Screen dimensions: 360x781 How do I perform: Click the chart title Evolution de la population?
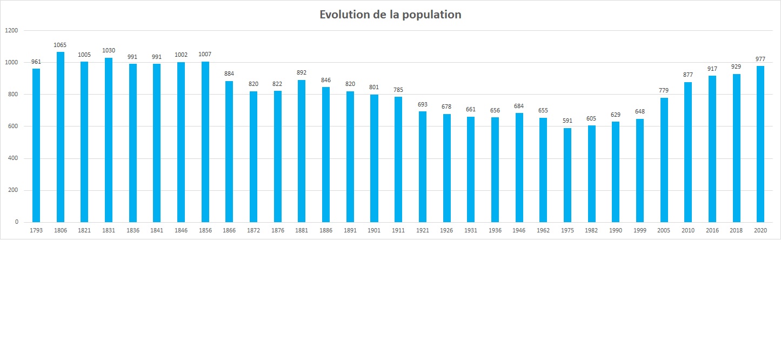coord(390,15)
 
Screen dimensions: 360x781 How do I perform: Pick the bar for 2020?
coord(760,144)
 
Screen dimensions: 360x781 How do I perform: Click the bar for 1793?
coord(36,145)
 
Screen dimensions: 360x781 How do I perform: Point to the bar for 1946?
coord(519,168)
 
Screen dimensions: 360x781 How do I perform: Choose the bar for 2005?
coord(664,160)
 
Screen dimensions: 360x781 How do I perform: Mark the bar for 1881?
coord(302,151)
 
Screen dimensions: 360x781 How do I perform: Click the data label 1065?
coord(60,45)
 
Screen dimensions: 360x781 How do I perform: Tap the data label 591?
coord(568,121)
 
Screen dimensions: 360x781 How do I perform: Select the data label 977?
coord(760,59)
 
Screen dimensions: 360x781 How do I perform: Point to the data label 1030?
coord(109,50)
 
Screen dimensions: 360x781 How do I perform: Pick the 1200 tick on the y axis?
coord(11,31)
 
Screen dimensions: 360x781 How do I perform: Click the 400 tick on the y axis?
coord(13,158)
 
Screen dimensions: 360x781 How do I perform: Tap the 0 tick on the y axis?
coord(17,222)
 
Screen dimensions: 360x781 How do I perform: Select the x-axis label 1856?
coord(205,231)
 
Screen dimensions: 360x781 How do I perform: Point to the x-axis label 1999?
coord(640,231)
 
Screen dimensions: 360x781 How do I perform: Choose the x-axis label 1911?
coord(398,231)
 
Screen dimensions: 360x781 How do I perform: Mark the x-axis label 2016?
coord(712,231)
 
